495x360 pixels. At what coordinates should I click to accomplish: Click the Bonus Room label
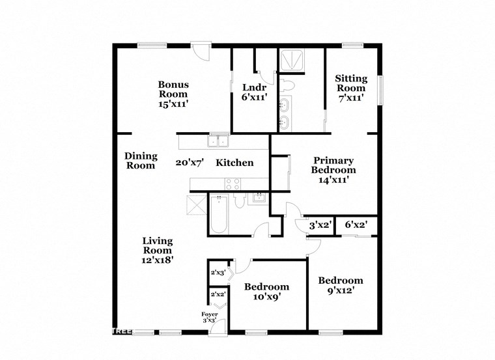(174, 94)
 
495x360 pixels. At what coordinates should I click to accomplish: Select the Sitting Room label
(351, 88)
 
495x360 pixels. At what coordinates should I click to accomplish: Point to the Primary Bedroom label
(333, 170)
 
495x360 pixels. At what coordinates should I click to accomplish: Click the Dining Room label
(141, 161)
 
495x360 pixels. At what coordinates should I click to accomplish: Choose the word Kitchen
(234, 163)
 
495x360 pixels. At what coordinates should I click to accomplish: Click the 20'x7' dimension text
(190, 163)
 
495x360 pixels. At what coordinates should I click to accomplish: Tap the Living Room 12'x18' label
(158, 250)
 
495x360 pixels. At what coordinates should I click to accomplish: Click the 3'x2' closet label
(320, 225)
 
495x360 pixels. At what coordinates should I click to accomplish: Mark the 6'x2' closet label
(356, 225)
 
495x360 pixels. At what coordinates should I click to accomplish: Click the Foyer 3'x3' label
(209, 318)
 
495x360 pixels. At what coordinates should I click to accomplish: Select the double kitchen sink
(218, 141)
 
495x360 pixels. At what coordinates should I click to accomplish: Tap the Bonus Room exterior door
(200, 51)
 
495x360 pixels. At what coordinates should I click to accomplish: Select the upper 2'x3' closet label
(216, 273)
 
